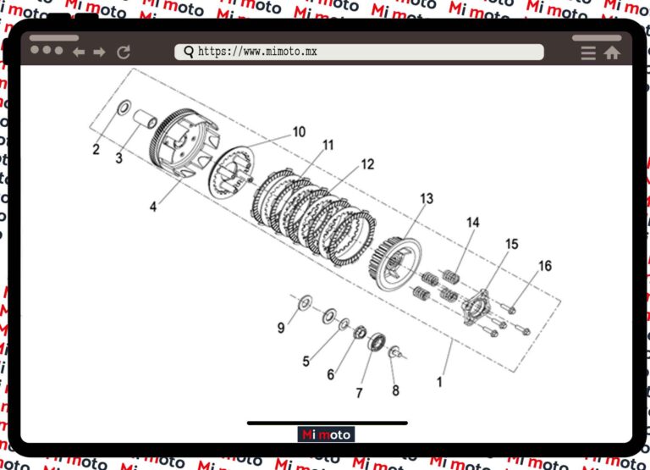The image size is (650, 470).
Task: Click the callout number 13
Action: pyautogui.click(x=426, y=199)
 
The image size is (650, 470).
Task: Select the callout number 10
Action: pyautogui.click(x=299, y=132)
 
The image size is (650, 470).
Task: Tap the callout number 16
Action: pyautogui.click(x=545, y=266)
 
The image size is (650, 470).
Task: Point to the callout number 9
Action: pyautogui.click(x=280, y=328)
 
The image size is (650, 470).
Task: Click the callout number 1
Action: pyautogui.click(x=439, y=382)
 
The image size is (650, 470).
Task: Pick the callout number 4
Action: pyautogui.click(x=153, y=207)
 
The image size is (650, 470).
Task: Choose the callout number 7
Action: pyautogui.click(x=359, y=393)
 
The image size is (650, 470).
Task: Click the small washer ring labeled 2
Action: pyautogui.click(x=123, y=108)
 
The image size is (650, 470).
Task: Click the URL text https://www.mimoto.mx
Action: pyautogui.click(x=257, y=53)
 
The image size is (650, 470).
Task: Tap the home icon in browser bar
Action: pyautogui.click(x=611, y=53)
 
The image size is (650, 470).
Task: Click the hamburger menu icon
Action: pyautogui.click(x=588, y=53)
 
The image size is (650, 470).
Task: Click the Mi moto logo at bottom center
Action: pyautogui.click(x=327, y=434)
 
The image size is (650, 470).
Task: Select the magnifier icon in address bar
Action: pyautogui.click(x=188, y=53)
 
